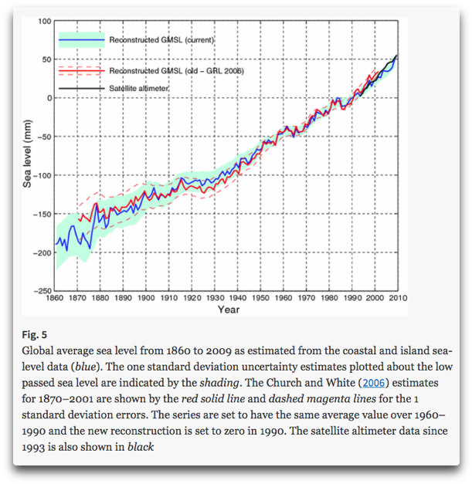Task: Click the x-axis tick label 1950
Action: [x=260, y=297]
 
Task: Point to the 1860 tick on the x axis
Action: [x=55, y=297]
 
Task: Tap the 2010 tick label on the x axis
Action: [x=398, y=297]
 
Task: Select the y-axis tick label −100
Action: [x=41, y=175]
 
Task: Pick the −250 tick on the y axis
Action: [x=41, y=291]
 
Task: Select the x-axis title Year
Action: [x=228, y=310]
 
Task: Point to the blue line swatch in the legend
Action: [x=80, y=39]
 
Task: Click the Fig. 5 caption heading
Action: [x=36, y=335]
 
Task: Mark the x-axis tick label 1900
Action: [x=146, y=297]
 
